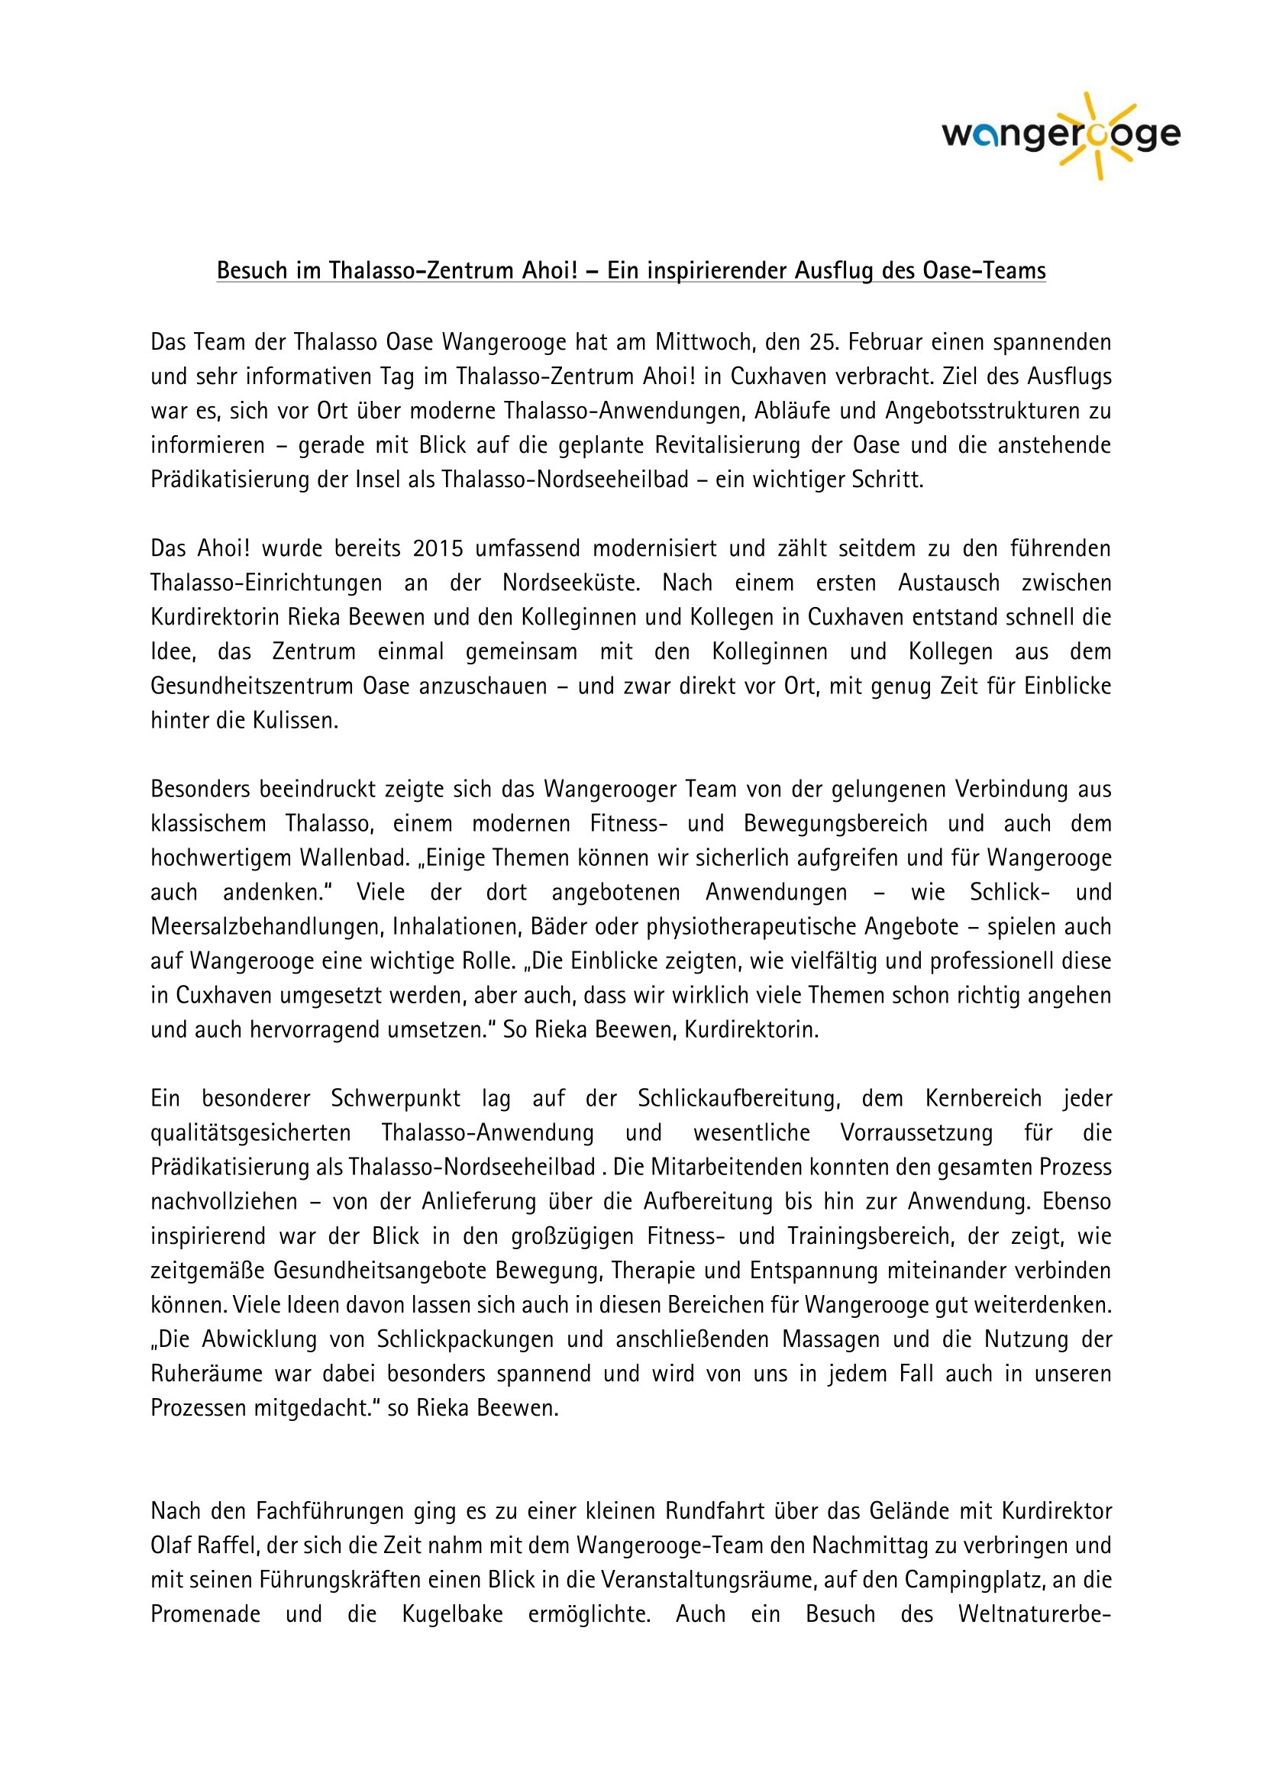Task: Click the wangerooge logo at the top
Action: (x=1061, y=136)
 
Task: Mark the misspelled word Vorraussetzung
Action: (x=916, y=1132)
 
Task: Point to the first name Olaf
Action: (x=170, y=1545)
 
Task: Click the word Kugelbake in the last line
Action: (x=452, y=1614)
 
